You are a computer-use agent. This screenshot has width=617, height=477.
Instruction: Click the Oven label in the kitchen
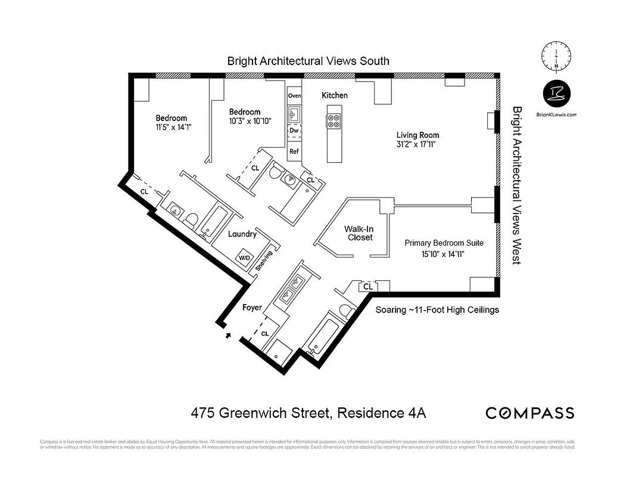click(294, 95)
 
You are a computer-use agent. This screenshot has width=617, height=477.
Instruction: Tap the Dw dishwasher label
click(294, 130)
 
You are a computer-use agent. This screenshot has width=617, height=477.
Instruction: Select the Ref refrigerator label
click(294, 151)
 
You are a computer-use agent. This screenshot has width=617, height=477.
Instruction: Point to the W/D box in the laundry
click(245, 258)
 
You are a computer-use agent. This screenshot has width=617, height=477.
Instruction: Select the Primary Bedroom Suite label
click(444, 243)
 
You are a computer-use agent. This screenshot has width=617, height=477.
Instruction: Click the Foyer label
click(253, 308)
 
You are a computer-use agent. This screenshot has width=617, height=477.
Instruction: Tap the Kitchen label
click(335, 95)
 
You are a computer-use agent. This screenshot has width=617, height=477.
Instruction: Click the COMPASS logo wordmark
click(530, 413)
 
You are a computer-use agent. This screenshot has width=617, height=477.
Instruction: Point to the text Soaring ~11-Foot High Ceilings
click(437, 310)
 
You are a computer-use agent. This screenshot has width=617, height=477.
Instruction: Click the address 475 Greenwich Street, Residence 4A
click(308, 413)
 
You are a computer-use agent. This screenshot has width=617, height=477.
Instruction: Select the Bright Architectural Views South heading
click(308, 61)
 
